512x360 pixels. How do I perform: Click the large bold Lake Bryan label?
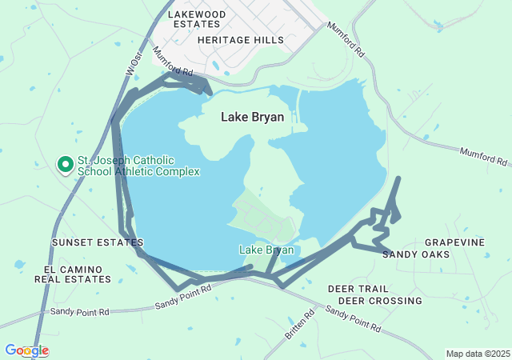click(253, 117)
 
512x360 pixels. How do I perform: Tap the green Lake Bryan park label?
click(266, 250)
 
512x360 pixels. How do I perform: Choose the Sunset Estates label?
click(98, 242)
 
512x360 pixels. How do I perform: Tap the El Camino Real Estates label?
click(73, 274)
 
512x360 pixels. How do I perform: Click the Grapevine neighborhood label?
click(454, 242)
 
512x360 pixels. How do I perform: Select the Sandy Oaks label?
click(415, 254)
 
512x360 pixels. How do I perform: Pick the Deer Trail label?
click(358, 288)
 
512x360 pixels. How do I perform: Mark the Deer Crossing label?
click(380, 301)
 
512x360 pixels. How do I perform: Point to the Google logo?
click(26, 350)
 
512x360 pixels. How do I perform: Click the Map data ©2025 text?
click(477, 354)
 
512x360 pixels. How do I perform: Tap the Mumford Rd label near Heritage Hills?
click(172, 62)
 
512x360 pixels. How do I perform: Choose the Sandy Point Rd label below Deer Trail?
click(352, 318)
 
